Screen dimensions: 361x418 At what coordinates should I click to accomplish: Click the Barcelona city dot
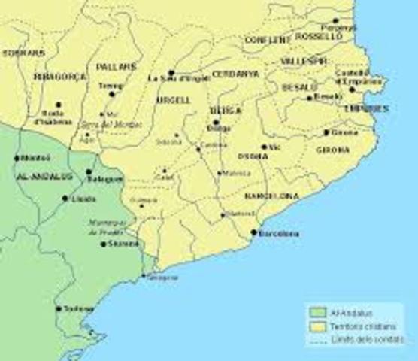253,233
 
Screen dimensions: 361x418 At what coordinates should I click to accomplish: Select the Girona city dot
326,132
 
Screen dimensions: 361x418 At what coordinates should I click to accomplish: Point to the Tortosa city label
80,308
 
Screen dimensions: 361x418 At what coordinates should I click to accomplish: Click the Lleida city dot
65,199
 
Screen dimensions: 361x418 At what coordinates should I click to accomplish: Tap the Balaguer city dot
88,172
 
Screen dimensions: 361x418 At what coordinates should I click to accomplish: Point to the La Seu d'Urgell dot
171,73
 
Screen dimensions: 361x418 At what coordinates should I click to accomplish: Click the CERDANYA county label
235,74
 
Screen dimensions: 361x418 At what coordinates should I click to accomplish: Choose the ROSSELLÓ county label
319,36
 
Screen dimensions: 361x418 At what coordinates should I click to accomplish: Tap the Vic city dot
264,147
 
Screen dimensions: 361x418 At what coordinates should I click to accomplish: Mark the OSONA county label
253,156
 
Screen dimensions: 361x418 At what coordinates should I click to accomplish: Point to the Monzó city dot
17,158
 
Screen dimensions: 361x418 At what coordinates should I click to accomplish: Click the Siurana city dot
103,244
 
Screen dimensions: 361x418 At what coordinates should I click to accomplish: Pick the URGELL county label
168,100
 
